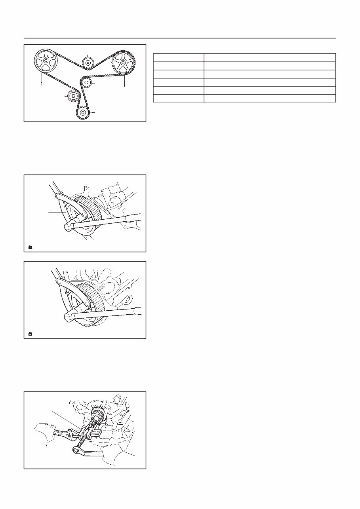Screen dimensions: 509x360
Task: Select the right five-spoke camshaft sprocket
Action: [124, 63]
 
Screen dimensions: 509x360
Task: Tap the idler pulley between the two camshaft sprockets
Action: [87, 63]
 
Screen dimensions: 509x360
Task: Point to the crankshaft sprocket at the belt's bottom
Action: [82, 113]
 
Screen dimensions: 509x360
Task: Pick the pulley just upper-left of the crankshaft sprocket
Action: [72, 96]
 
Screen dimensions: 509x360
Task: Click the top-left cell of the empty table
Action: [178, 57]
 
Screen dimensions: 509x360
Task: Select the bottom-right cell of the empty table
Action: [269, 98]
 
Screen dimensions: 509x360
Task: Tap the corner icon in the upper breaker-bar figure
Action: [30, 248]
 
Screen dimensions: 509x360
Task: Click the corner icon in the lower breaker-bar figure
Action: [30, 334]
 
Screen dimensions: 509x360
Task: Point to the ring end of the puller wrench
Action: [76, 450]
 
